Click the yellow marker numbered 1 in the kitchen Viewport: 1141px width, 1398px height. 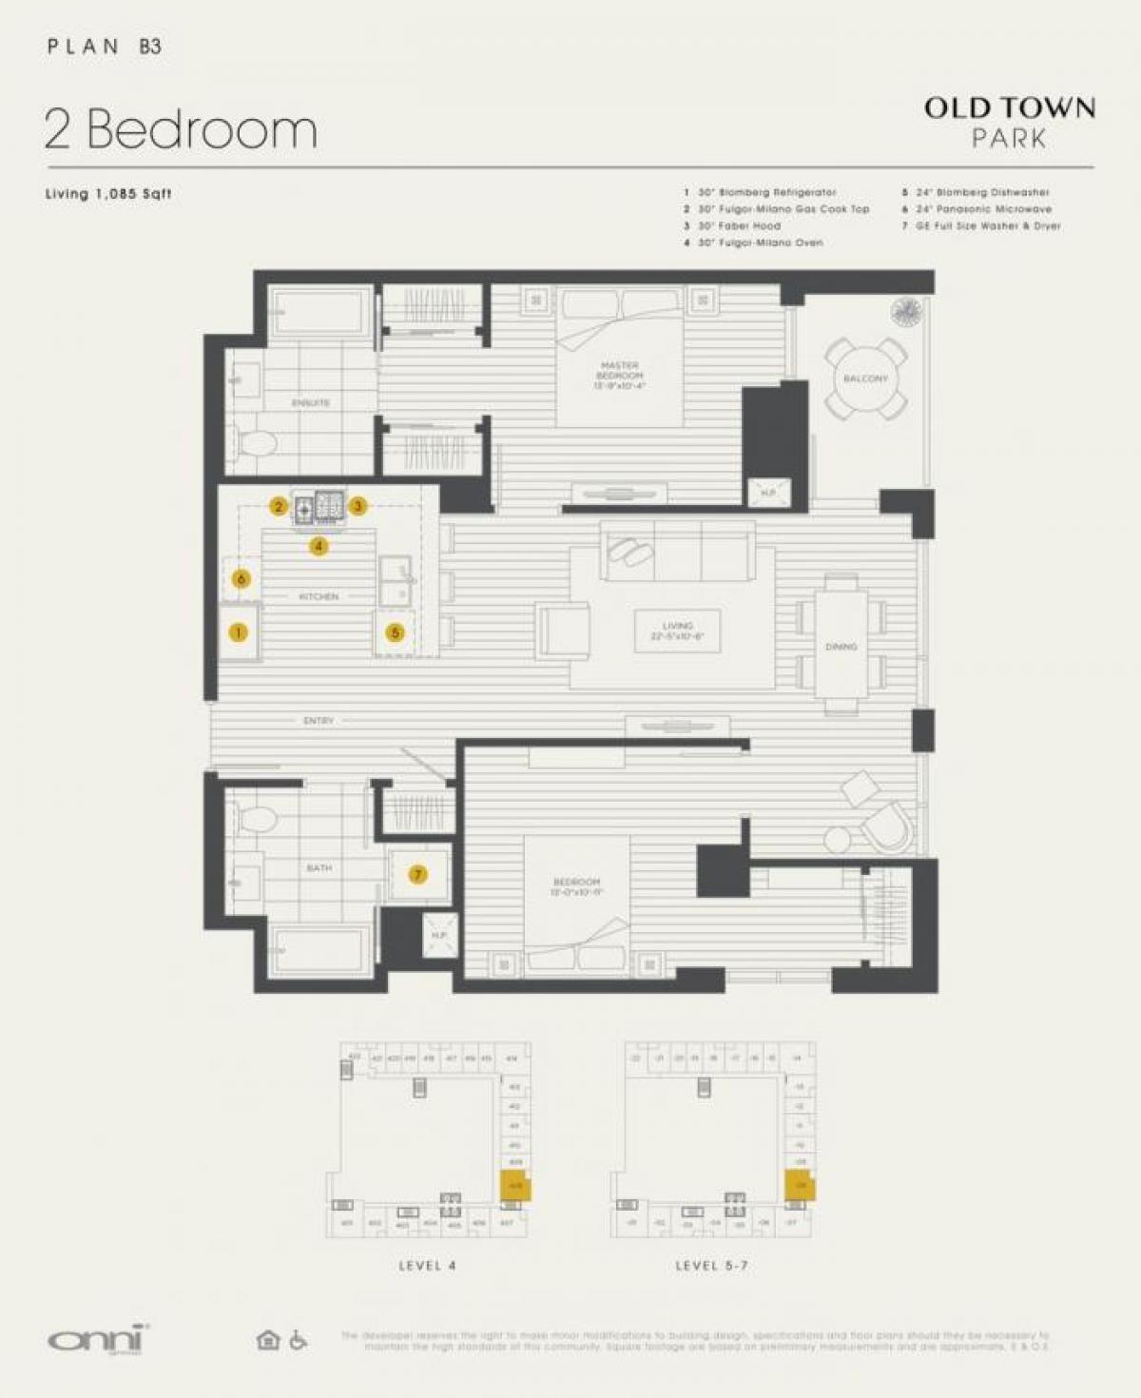[238, 632]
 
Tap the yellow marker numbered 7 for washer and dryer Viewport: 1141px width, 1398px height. [417, 875]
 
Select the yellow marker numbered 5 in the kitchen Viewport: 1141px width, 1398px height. [395, 632]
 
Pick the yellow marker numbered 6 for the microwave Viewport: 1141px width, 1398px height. [242, 579]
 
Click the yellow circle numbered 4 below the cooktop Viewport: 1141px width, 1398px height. [319, 546]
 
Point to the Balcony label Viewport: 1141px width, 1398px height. [865, 379]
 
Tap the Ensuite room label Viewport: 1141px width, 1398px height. [311, 403]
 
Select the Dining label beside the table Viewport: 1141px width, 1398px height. [841, 647]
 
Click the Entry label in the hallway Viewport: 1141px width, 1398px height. [319, 721]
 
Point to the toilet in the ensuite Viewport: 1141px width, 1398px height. [256, 442]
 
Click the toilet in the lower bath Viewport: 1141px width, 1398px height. [257, 817]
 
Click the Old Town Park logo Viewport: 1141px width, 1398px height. [1009, 122]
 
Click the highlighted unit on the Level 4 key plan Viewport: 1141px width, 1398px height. [515, 1186]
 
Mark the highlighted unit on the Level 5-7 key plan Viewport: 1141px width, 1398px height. [800, 1186]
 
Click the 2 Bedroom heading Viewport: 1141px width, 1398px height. [181, 129]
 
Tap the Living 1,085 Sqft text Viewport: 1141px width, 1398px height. [108, 194]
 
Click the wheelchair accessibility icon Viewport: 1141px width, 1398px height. [298, 1340]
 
